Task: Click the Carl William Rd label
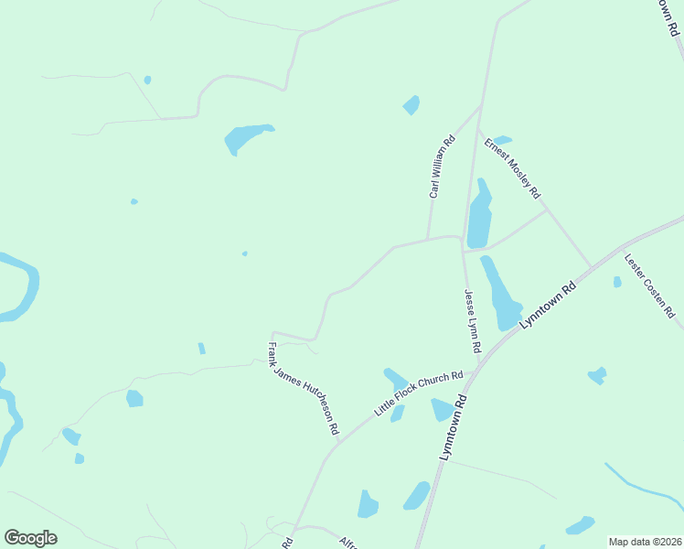(x=442, y=167)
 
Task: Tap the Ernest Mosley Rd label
(x=513, y=168)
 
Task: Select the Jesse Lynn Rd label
(x=471, y=322)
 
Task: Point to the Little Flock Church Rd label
(x=419, y=393)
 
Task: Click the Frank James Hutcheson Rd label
(x=304, y=388)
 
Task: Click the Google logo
(x=30, y=538)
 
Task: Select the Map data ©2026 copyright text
(x=645, y=542)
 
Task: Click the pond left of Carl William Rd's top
(x=411, y=105)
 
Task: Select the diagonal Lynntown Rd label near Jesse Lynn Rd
(x=548, y=305)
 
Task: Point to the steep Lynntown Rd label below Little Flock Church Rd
(x=454, y=428)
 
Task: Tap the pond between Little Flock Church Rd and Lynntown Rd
(x=443, y=410)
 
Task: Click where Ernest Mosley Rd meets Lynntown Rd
(x=591, y=267)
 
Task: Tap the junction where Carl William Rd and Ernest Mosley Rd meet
(x=481, y=106)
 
